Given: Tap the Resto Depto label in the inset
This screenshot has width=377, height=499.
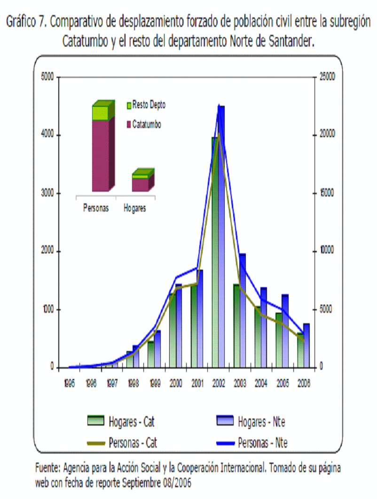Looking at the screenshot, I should (149, 105).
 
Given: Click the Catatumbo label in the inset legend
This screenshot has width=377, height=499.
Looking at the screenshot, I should (147, 125).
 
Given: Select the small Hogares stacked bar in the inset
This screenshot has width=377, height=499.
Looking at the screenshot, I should (141, 181).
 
